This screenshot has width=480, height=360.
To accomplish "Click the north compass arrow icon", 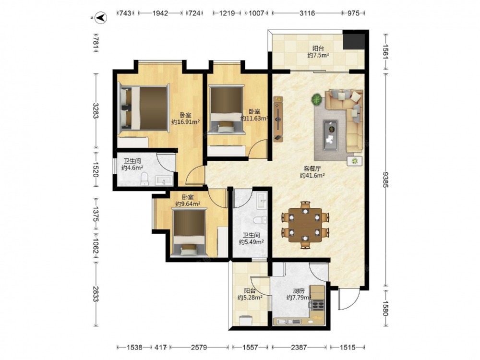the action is click(x=101, y=18).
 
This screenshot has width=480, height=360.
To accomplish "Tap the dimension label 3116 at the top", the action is click(x=307, y=13).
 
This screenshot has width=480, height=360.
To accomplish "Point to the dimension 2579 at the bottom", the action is click(x=199, y=348).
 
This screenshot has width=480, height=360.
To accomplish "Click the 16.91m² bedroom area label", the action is click(x=185, y=122).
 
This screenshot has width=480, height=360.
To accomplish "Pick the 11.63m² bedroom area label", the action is click(x=254, y=119).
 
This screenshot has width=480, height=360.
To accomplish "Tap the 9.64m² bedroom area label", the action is click(x=188, y=204).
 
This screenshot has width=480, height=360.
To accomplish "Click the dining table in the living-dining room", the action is click(x=305, y=225).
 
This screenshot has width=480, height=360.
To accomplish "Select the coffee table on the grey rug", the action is click(x=331, y=135).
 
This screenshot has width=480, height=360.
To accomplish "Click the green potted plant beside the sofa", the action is click(x=317, y=99).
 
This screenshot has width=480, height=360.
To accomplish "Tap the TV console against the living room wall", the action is click(x=278, y=119).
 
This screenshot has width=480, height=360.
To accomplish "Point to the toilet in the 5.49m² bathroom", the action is click(x=260, y=220).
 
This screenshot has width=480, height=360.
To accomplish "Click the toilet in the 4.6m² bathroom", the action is click(x=144, y=179).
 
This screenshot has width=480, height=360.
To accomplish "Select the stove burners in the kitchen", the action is click(x=318, y=305).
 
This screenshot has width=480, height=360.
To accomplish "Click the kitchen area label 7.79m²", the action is click(x=299, y=298).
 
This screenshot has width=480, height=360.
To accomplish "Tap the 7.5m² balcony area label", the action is click(x=318, y=55).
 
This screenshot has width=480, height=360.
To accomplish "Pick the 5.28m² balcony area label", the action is click(x=250, y=298).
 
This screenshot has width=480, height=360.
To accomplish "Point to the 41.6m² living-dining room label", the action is click(x=312, y=176).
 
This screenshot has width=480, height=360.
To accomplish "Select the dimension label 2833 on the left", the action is click(x=96, y=294).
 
